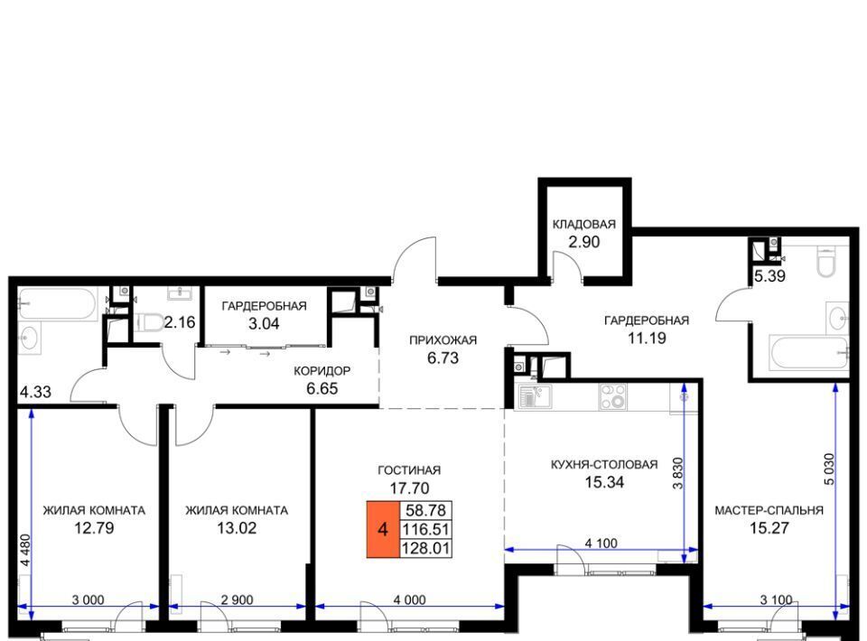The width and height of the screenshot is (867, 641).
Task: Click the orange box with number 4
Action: coord(383,529)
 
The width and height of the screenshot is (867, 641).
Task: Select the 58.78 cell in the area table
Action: coord(425,510)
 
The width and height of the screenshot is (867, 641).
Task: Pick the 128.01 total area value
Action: coord(425,548)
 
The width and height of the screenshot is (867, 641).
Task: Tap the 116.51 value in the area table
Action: coord(425,529)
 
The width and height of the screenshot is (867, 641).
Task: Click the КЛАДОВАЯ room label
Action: coord(584,224)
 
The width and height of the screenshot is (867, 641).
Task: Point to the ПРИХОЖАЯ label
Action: coord(443,340)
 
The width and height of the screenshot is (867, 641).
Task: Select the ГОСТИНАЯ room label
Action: coord(409,470)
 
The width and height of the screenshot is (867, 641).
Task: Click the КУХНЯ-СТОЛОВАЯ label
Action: coord(604,465)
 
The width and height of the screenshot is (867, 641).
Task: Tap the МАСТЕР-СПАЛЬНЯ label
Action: coord(769,511)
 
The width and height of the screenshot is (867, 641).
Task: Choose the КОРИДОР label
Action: coord(322,371)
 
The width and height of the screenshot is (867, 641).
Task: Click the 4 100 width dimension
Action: coord(601,543)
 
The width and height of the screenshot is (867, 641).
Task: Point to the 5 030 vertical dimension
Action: coord(829,469)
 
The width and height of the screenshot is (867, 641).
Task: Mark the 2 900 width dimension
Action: coord(237,600)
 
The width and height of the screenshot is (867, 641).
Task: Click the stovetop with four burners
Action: coord(612,396)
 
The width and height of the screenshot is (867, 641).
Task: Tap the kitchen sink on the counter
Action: coord(534,396)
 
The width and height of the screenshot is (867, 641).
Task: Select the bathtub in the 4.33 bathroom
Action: coord(58,303)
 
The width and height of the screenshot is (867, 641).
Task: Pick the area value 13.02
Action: coord(237,528)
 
